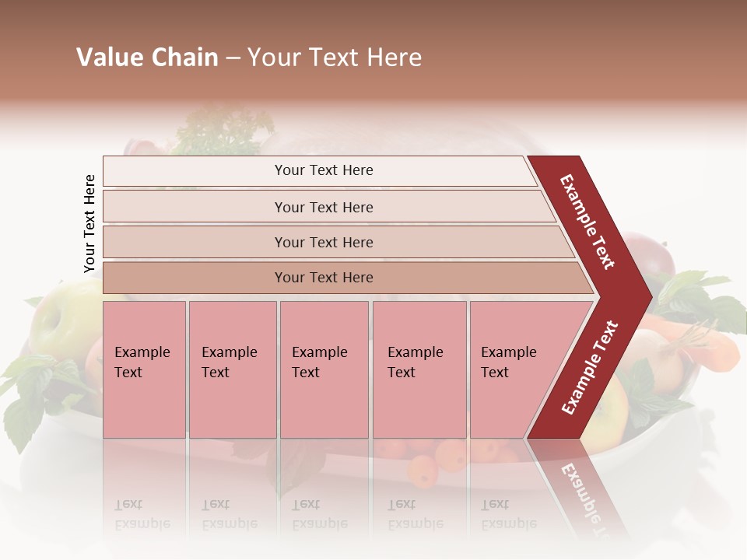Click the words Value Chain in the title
click(147, 58)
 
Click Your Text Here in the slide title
click(335, 58)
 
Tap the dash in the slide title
click(232, 58)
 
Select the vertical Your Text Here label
click(89, 224)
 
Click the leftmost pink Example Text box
click(144, 369)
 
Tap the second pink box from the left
click(233, 369)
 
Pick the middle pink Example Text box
click(324, 369)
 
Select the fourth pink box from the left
click(419, 369)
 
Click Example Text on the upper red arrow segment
click(587, 222)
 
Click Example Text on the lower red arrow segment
click(590, 367)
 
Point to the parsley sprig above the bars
click(226, 132)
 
